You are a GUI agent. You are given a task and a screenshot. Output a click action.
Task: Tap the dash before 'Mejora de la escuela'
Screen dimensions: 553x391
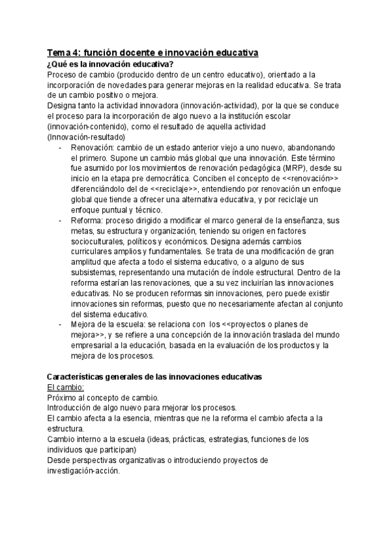point(61,323)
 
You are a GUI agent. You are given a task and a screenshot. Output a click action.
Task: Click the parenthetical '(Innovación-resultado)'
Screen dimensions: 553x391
point(87,137)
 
